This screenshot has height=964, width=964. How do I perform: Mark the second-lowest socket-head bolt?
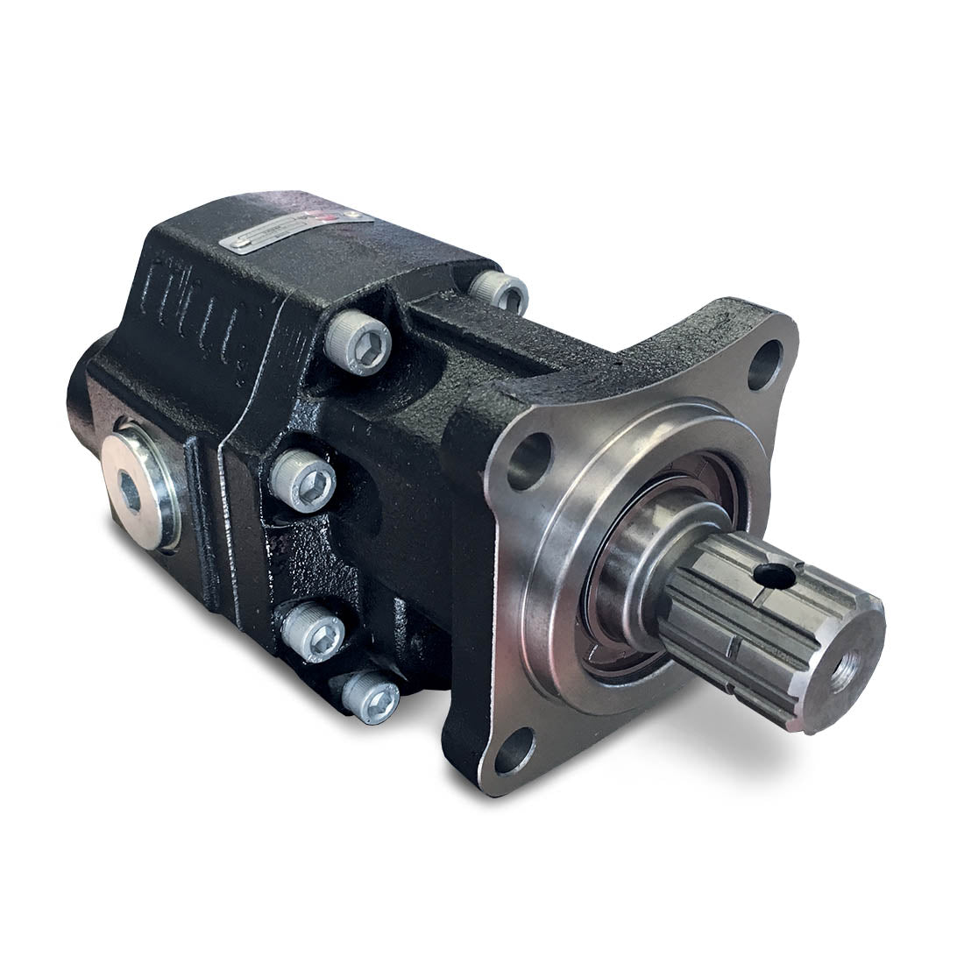[x=315, y=628]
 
